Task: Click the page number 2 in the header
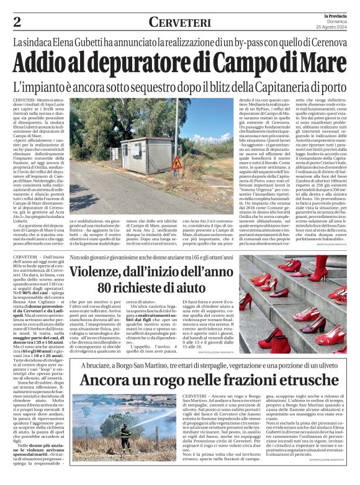coord(17,21)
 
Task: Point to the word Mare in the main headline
coord(323,63)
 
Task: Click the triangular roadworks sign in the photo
coord(177,163)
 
